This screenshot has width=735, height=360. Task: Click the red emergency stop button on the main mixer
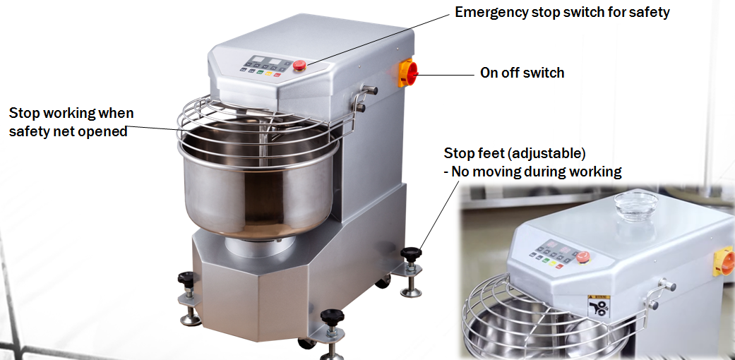coord(299,66)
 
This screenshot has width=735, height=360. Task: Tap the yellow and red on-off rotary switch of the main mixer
coord(408,73)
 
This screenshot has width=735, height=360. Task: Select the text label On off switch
coord(522,72)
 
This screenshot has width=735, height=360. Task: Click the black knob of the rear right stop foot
coord(410,253)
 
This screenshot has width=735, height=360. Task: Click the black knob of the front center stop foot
coord(331,317)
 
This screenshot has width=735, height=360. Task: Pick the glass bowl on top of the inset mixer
coord(635,204)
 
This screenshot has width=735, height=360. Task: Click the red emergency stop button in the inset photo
coord(582,257)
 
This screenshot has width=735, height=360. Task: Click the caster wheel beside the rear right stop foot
coord(383,282)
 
